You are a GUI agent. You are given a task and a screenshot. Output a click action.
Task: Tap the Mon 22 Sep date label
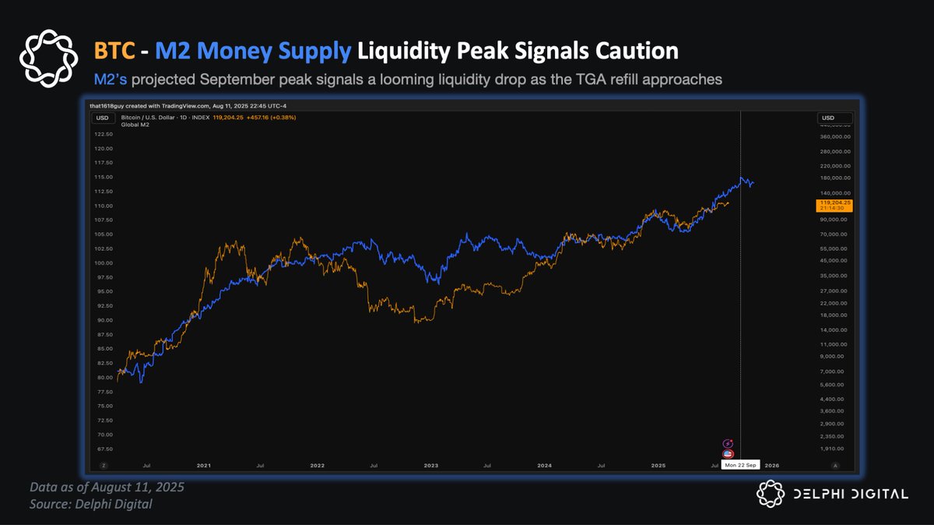(739, 465)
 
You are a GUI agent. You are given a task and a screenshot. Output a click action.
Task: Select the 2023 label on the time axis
(430, 465)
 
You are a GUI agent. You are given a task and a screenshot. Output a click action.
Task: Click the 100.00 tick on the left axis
(104, 263)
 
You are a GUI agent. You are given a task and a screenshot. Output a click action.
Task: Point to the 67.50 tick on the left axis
(104, 449)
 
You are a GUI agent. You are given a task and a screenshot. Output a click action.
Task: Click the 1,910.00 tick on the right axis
(835, 449)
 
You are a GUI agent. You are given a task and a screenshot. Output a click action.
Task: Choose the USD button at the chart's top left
(102, 118)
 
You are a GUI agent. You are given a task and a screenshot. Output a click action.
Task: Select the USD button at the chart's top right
(827, 118)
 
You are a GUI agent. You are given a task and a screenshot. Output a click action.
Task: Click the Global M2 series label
(135, 125)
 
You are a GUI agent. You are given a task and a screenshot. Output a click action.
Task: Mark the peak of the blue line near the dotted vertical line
(743, 178)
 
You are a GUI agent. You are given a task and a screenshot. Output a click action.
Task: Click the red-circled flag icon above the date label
(729, 453)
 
